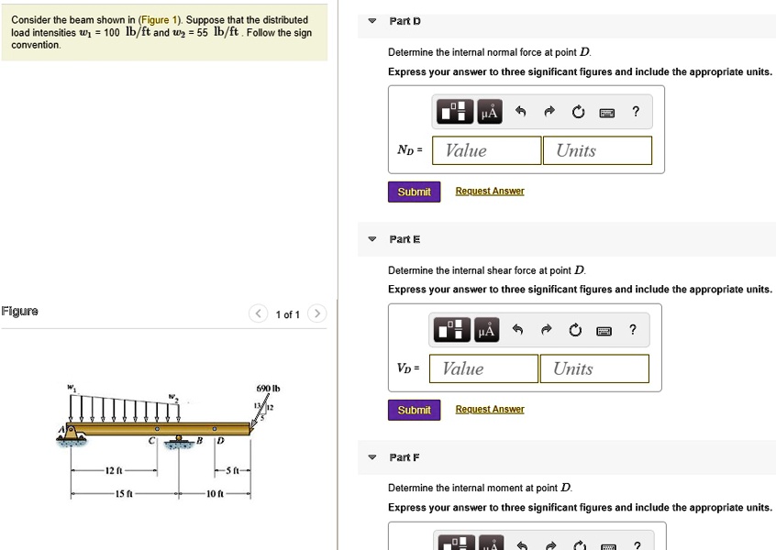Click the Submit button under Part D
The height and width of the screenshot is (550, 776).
pyautogui.click(x=414, y=192)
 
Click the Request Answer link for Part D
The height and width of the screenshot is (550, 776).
pyautogui.click(x=490, y=192)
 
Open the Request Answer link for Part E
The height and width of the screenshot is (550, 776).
pyautogui.click(x=490, y=410)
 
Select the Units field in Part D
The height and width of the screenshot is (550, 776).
pyautogui.click(x=597, y=151)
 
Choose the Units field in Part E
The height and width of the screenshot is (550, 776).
pyautogui.click(x=593, y=369)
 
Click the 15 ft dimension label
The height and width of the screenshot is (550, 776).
pyautogui.click(x=125, y=494)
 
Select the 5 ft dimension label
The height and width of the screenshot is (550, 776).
pyautogui.click(x=233, y=471)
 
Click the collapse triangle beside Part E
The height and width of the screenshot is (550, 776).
pyautogui.click(x=371, y=239)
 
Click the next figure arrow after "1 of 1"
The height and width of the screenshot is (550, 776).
pyautogui.click(x=316, y=314)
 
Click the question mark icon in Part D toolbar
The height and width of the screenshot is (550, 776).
pyautogui.click(x=636, y=113)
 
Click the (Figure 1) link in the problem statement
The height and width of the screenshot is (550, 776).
pyautogui.click(x=160, y=20)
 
